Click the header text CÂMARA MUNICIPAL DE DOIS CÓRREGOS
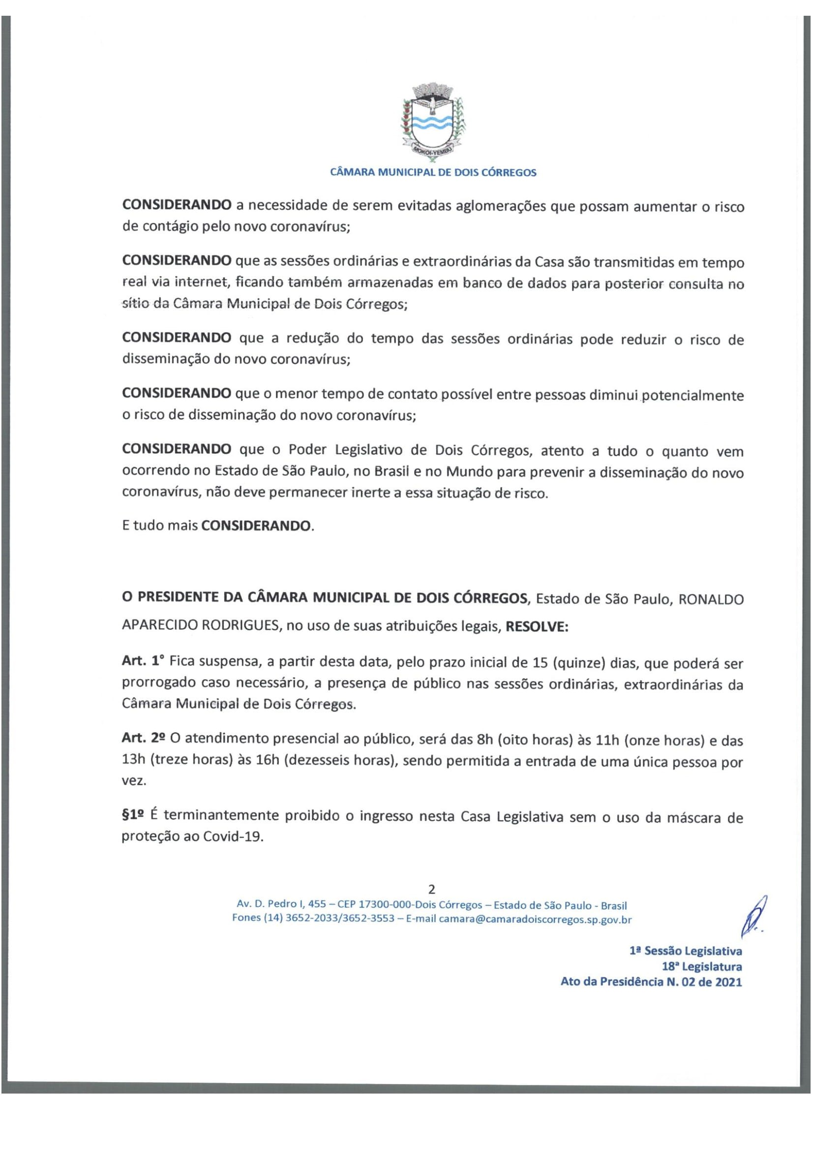click(x=433, y=172)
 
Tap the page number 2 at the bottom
click(x=431, y=889)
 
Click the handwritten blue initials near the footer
click(x=753, y=918)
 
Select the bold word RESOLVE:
click(x=537, y=627)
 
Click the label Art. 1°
click(x=143, y=661)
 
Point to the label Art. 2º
click(x=143, y=738)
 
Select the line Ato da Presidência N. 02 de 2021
click(x=651, y=982)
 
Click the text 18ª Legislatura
click(x=701, y=966)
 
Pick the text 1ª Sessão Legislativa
click(x=685, y=951)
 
